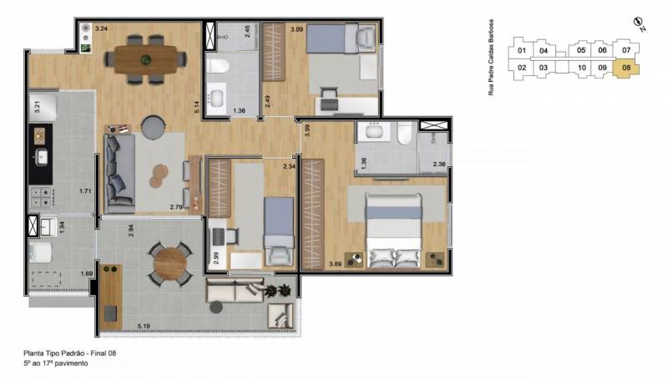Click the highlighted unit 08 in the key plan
click(625, 69)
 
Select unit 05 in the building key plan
click(581, 50)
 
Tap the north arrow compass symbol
click(638, 23)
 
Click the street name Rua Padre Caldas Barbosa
click(491, 57)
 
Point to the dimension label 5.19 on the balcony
click(144, 327)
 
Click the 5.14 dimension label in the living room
click(197, 107)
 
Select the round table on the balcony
click(170, 263)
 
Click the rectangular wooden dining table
click(145, 59)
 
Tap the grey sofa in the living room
click(119, 174)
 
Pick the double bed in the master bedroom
click(393, 230)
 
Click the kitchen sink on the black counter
click(42, 157)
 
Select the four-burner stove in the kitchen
click(41, 197)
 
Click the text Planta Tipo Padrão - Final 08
click(70, 353)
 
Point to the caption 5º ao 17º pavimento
click(56, 363)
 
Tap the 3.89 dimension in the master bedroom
click(336, 264)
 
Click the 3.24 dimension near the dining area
click(101, 29)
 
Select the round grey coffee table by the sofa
click(153, 126)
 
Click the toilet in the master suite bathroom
click(405, 132)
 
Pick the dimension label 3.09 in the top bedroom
click(296, 29)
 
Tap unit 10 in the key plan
click(581, 68)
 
